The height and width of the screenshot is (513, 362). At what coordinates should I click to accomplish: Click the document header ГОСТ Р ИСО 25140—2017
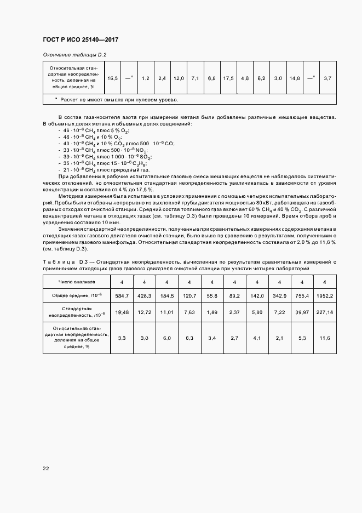tap(80, 40)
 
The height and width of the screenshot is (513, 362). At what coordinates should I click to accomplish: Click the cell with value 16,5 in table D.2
tap(113, 79)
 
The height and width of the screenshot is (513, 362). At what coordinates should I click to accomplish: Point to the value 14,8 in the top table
tap(294, 79)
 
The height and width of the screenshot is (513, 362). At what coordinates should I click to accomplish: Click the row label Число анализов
tap(77, 282)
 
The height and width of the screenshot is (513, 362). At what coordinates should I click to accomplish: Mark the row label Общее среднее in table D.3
tap(77, 296)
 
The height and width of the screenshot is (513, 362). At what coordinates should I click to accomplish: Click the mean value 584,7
tap(122, 296)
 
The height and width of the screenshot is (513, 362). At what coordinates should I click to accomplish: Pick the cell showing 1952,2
tap(325, 296)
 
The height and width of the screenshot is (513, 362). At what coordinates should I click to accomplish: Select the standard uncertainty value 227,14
tap(325, 312)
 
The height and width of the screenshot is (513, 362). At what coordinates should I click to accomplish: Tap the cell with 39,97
tap(302, 312)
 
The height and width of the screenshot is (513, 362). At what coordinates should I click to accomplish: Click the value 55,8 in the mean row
tap(211, 296)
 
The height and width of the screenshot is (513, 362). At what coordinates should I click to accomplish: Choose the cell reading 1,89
tap(211, 312)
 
